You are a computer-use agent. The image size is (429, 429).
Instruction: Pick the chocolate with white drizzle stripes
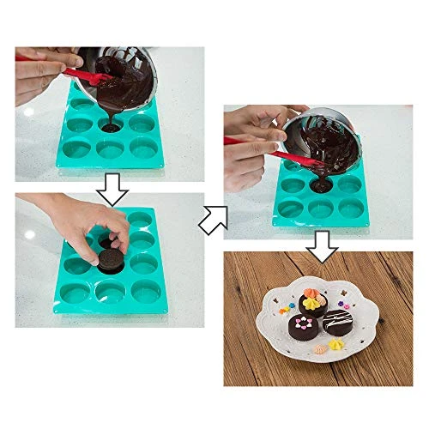[x=337, y=321]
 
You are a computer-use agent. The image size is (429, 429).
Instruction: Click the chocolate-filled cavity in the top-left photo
[x=110, y=127]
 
